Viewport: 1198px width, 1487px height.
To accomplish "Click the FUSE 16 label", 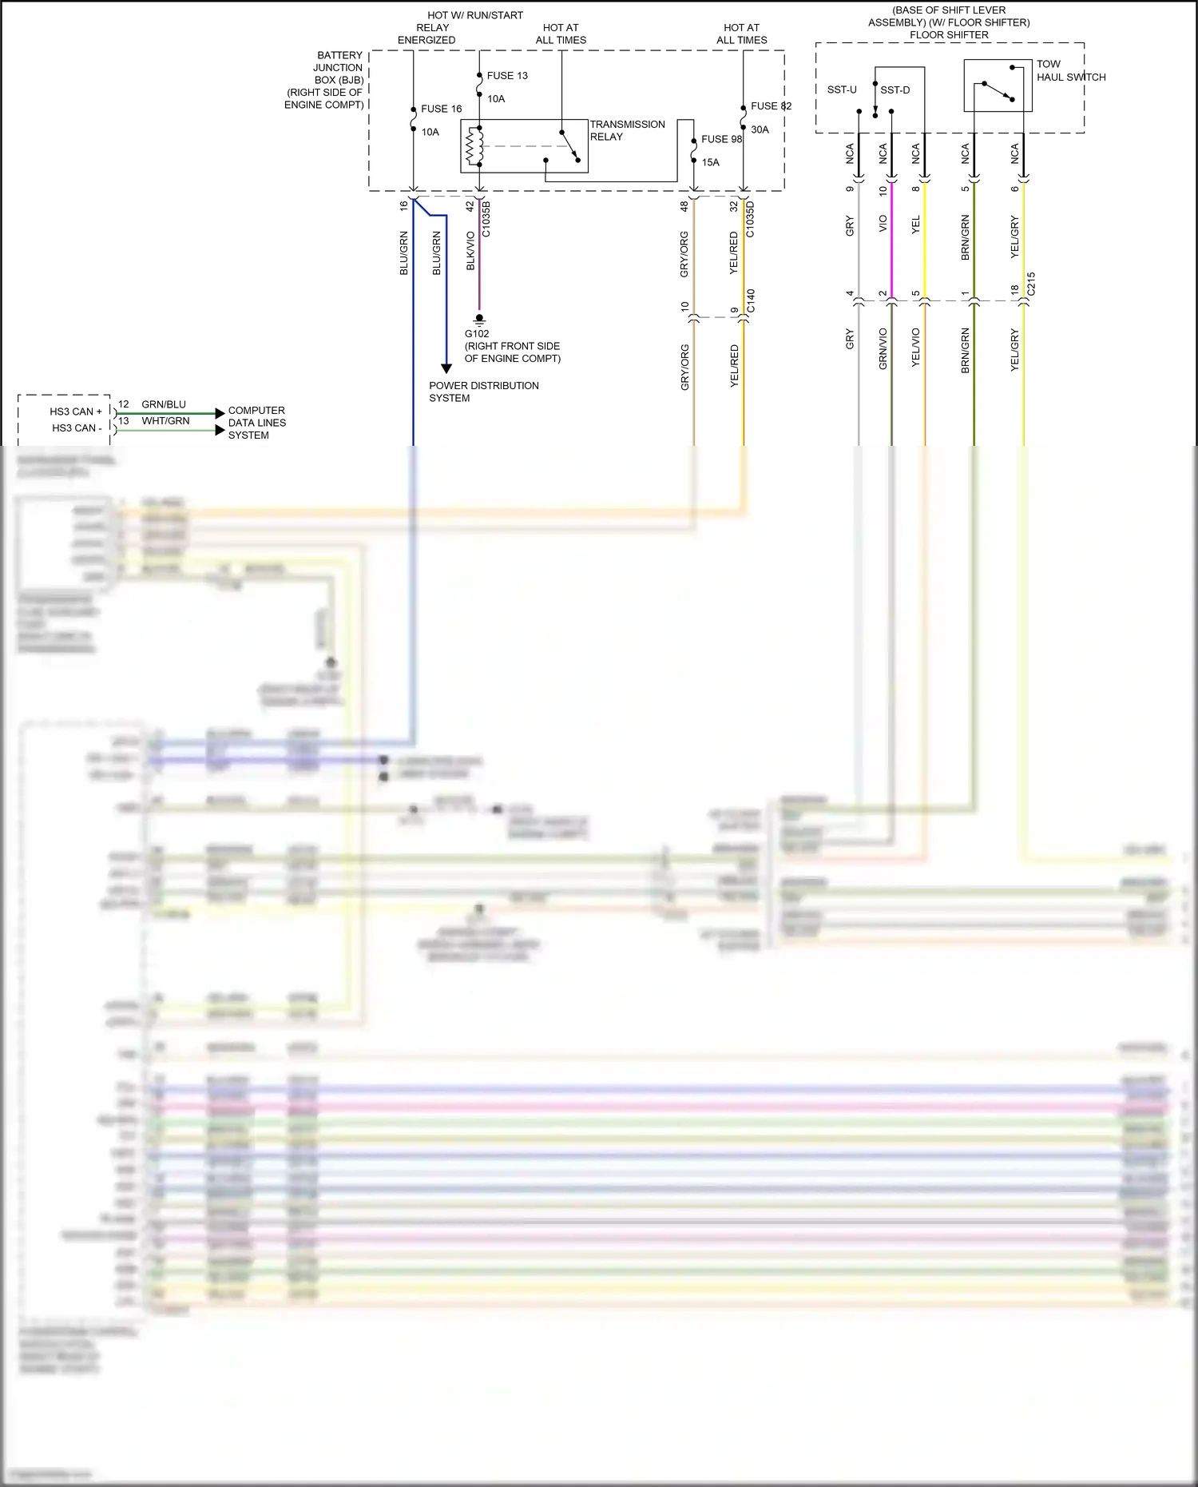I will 441,109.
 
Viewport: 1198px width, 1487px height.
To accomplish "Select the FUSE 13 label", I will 507,76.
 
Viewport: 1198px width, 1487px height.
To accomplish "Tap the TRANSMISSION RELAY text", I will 627,130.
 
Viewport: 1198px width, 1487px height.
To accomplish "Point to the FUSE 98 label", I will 721,139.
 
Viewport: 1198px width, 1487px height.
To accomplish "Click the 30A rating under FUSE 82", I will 760,129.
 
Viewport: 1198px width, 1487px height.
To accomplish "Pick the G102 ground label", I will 477,334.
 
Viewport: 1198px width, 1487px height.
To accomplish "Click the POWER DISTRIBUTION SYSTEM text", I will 483,392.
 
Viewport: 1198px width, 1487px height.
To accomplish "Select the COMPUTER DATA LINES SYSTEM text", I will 256,423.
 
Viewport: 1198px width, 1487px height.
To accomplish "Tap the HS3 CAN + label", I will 76,412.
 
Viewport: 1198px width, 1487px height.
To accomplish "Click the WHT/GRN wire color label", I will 165,421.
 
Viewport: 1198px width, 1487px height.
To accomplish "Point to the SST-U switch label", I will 842,89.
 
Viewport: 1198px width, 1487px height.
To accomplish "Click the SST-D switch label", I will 895,90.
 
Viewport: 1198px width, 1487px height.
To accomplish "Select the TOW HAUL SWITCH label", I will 1070,70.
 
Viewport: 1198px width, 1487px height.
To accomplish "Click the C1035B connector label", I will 486,219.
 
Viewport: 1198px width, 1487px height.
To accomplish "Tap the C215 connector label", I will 1031,284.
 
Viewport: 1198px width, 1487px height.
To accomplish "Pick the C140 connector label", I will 751,300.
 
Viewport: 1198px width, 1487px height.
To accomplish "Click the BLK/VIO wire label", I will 470,251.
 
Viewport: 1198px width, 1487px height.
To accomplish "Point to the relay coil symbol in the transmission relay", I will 474,146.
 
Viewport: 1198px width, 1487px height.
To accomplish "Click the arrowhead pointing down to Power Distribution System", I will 446,368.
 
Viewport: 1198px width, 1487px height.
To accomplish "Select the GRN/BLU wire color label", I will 164,404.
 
